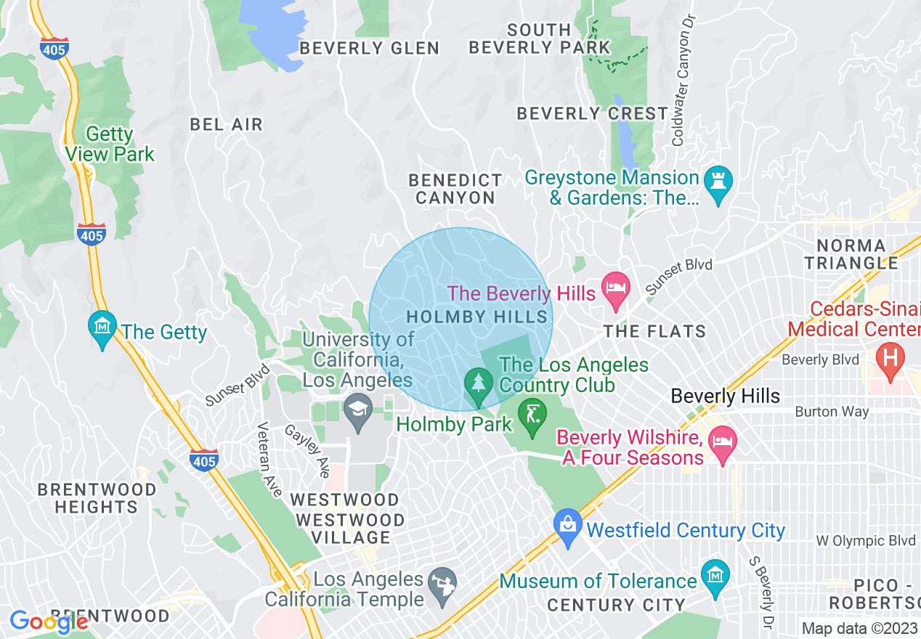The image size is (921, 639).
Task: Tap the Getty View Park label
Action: (110, 145)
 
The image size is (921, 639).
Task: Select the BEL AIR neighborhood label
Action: (226, 124)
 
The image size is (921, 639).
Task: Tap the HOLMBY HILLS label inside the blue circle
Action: (476, 317)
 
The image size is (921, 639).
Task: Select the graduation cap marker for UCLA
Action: (357, 412)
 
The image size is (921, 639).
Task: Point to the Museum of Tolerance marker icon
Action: (715, 579)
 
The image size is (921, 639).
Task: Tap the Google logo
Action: (48, 622)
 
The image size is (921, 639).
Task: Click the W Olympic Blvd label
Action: (864, 541)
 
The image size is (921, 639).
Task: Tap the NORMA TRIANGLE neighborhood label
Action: (851, 254)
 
